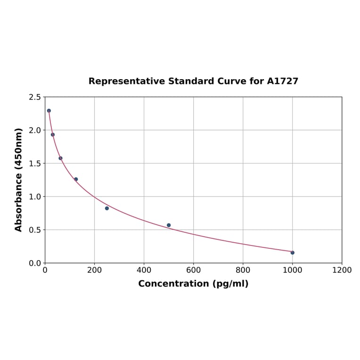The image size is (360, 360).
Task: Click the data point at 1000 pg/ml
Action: tap(292, 253)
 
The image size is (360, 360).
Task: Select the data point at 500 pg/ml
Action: tap(169, 225)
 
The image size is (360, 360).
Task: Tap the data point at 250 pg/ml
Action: tap(107, 208)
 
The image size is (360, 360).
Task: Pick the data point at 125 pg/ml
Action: tap(76, 179)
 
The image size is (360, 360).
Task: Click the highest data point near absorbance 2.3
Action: tap(49, 111)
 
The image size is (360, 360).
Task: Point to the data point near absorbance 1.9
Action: tap(53, 135)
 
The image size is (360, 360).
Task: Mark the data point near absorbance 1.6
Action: tap(60, 158)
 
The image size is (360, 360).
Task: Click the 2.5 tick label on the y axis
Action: tap(35, 97)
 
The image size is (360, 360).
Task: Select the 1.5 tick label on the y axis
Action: tap(35, 164)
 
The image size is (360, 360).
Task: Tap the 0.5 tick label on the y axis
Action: tap(35, 230)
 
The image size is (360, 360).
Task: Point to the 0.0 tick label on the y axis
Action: tap(35, 263)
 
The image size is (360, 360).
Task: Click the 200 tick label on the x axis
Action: tap(94, 270)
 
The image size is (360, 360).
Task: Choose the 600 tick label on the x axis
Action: tap(193, 270)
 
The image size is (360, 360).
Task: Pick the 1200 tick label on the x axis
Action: tap(342, 270)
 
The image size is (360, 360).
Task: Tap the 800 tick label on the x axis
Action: tap(243, 270)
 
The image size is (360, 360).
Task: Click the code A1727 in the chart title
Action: tap(282, 82)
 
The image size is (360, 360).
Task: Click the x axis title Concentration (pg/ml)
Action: tap(193, 284)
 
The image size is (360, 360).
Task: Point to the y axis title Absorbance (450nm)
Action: tap(19, 180)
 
